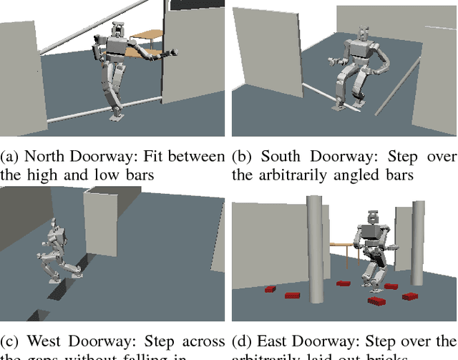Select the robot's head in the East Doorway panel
(x=373, y=218)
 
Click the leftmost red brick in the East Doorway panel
(x=270, y=289)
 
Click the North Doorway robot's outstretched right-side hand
(x=171, y=52)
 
